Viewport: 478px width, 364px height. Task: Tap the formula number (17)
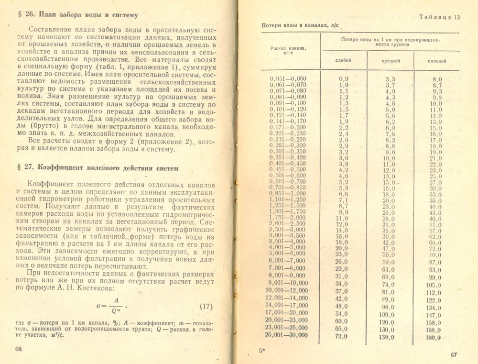pos(205,306)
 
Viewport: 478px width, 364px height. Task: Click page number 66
pos(19,349)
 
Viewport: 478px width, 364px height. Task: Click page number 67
pos(454,354)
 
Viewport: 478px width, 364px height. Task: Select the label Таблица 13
pos(439,17)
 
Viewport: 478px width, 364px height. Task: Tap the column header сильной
pos(437,61)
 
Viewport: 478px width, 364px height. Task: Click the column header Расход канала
pos(288,50)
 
